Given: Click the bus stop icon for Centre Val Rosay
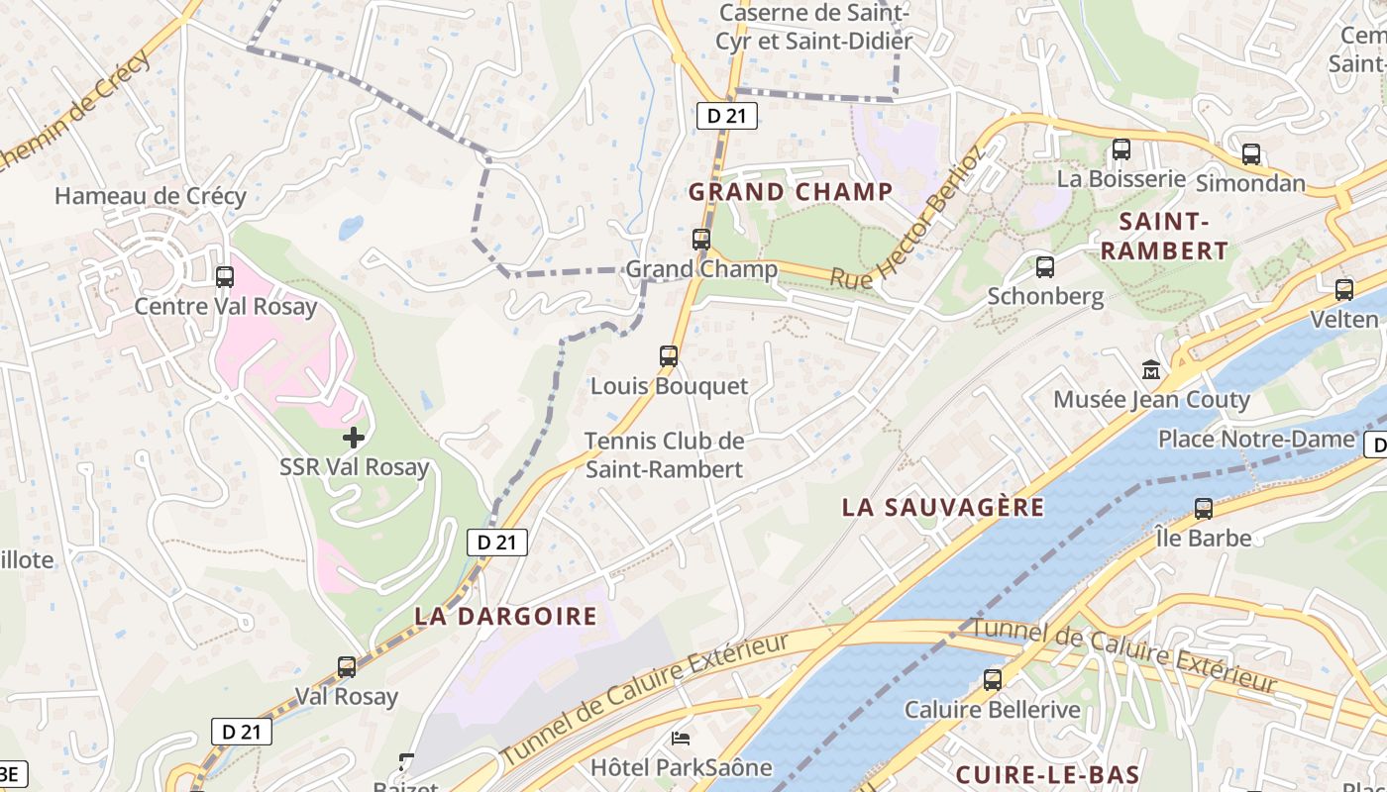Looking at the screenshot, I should [225, 277].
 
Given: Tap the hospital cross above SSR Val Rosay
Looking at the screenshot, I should [354, 437].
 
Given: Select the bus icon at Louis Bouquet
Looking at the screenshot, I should [669, 356].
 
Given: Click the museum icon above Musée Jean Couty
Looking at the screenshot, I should [1151, 370].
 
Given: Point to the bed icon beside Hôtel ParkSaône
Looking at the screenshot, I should [681, 738].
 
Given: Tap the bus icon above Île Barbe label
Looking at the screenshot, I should [1204, 509].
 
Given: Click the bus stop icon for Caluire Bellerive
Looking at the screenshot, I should [993, 680].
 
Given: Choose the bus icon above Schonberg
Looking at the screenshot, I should [1045, 267].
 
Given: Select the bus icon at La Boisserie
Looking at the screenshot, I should [1121, 149].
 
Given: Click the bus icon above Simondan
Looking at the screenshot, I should [1251, 154].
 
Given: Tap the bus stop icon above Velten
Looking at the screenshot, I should [1344, 290].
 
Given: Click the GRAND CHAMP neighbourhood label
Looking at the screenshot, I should [791, 191].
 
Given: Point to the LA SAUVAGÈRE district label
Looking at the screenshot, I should [943, 507].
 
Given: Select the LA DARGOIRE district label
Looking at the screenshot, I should [506, 616].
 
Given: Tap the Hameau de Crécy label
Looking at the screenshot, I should [151, 196].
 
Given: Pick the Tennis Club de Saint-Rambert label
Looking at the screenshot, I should [664, 454].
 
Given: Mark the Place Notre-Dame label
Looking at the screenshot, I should [1255, 439].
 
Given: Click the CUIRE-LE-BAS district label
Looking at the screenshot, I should [1047, 774].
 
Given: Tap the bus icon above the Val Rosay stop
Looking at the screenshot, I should [347, 667].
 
